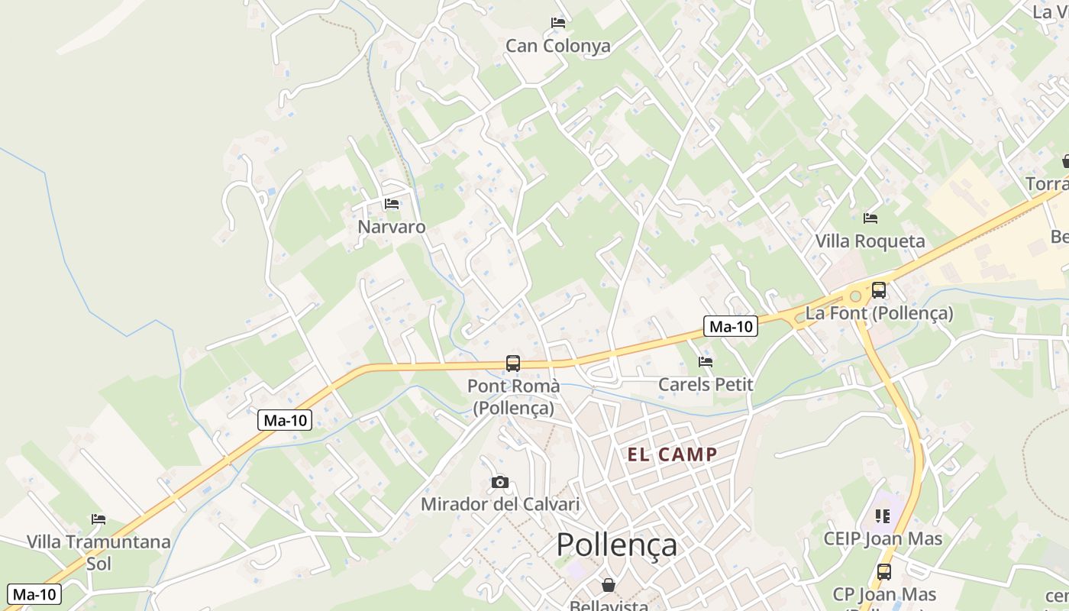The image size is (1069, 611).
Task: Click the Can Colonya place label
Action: click(558, 47)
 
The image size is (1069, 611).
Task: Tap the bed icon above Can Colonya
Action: click(558, 23)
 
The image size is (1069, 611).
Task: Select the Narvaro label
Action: click(392, 227)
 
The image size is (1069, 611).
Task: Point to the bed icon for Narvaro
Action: click(392, 204)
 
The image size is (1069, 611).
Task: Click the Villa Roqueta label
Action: click(870, 241)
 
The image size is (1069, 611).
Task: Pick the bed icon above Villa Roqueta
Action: click(870, 218)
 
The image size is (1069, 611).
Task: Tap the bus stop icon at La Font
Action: click(879, 290)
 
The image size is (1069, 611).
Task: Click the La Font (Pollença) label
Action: click(879, 313)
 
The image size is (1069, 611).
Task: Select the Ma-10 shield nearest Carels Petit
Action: click(731, 327)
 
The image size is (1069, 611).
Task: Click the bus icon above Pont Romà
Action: click(513, 364)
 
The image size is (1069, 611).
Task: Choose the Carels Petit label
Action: click(706, 384)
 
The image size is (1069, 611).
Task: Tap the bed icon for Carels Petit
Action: click(706, 361)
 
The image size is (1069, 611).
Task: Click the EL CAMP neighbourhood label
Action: click(672, 455)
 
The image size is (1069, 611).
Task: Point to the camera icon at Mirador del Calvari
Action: click(500, 482)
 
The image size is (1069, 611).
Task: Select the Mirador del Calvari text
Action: click(500, 504)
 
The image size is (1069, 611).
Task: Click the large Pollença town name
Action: click(616, 545)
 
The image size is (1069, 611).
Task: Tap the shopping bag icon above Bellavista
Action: click(609, 585)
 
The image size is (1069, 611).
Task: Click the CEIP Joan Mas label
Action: click(883, 538)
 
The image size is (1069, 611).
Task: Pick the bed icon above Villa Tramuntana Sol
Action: click(99, 519)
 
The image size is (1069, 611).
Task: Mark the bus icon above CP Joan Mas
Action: click(883, 571)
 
